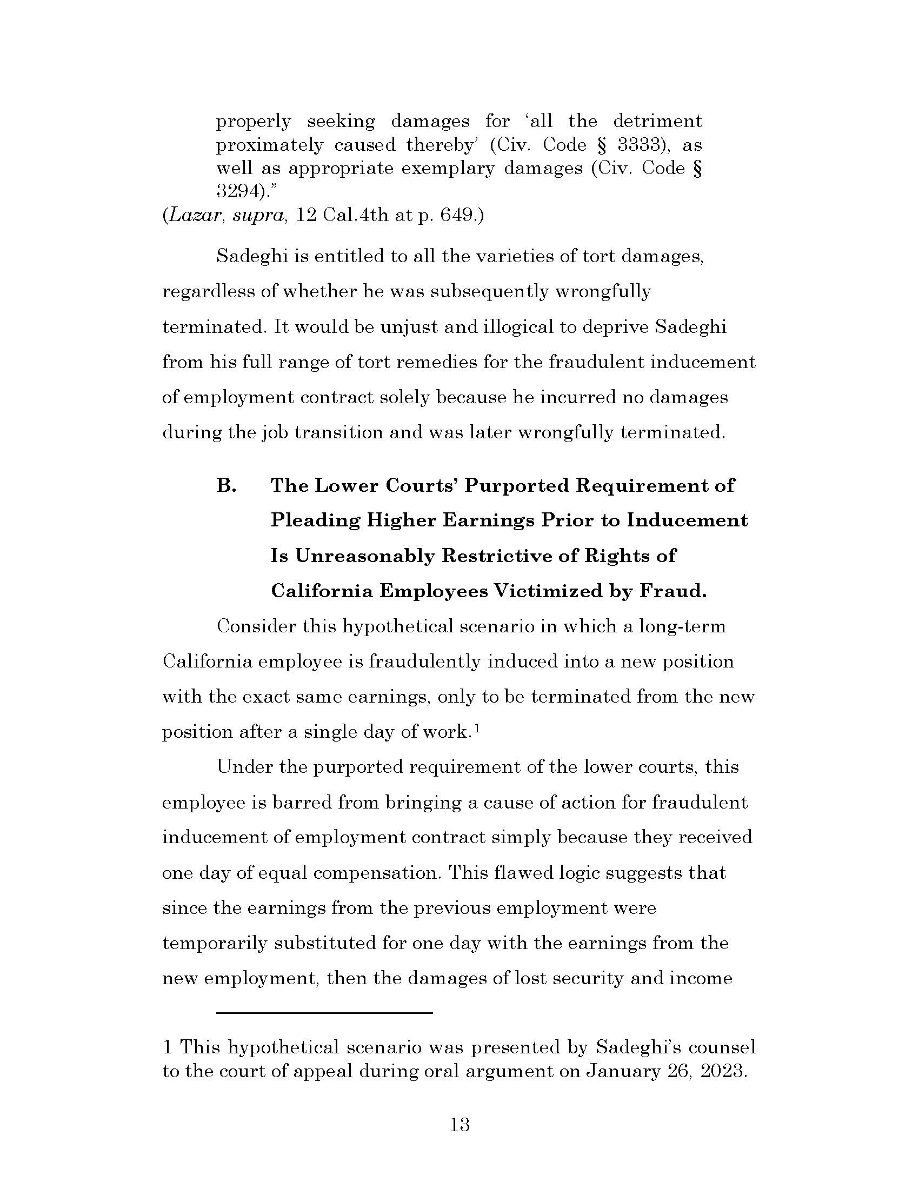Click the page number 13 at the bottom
point(459,1124)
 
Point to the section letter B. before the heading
point(226,485)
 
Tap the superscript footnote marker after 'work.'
point(477,729)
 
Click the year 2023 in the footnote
point(722,1071)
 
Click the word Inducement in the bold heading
point(687,520)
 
